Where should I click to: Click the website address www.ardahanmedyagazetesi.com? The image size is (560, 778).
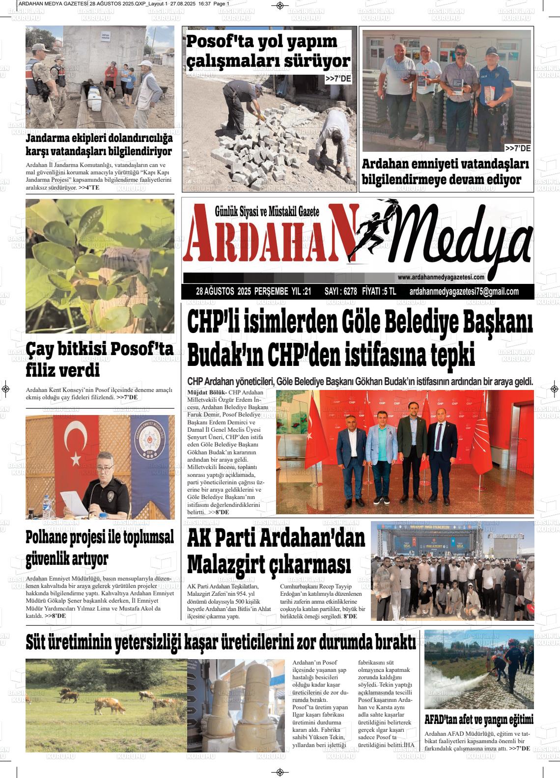point(441,278)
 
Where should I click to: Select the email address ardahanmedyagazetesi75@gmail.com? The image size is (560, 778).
point(464,292)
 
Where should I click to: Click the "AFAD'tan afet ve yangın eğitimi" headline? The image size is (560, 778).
point(478,720)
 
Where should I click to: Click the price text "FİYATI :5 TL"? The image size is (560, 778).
point(379,292)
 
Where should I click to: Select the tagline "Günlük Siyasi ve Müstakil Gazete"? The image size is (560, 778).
point(267,212)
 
